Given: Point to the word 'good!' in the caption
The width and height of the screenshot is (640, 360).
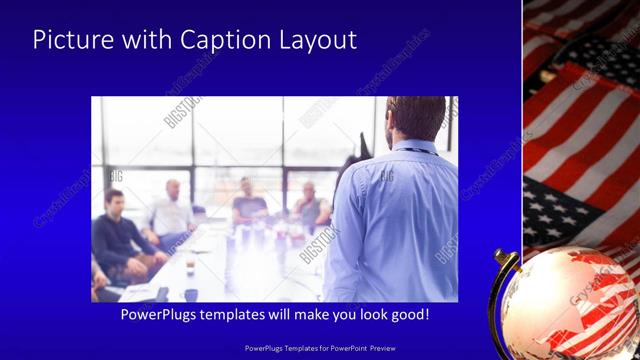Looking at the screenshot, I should pos(407,315).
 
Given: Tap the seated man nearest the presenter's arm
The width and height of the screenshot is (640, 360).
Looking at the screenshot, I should pos(310,206).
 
